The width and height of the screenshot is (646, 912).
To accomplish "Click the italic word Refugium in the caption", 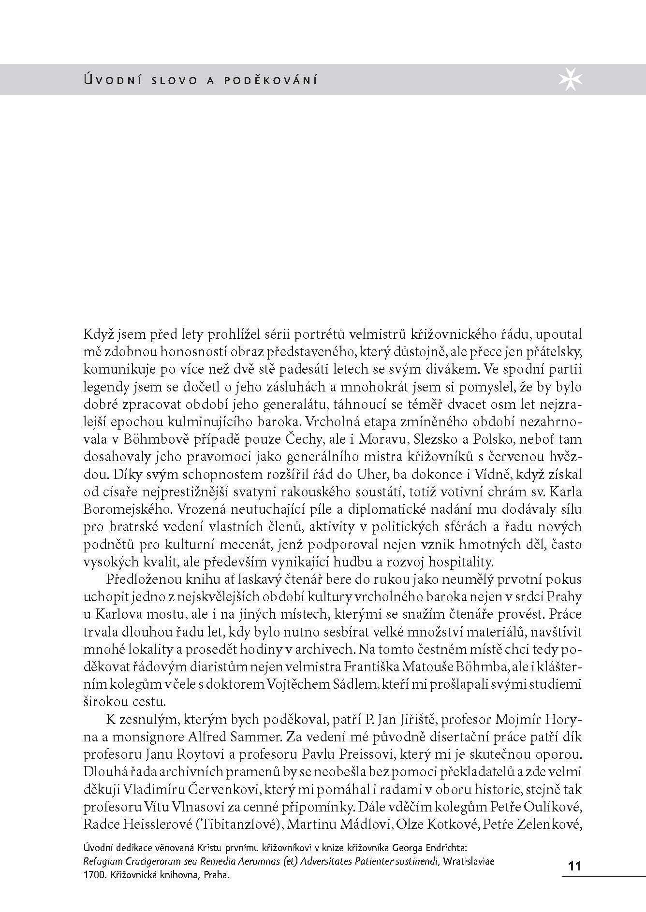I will [x=102, y=861].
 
